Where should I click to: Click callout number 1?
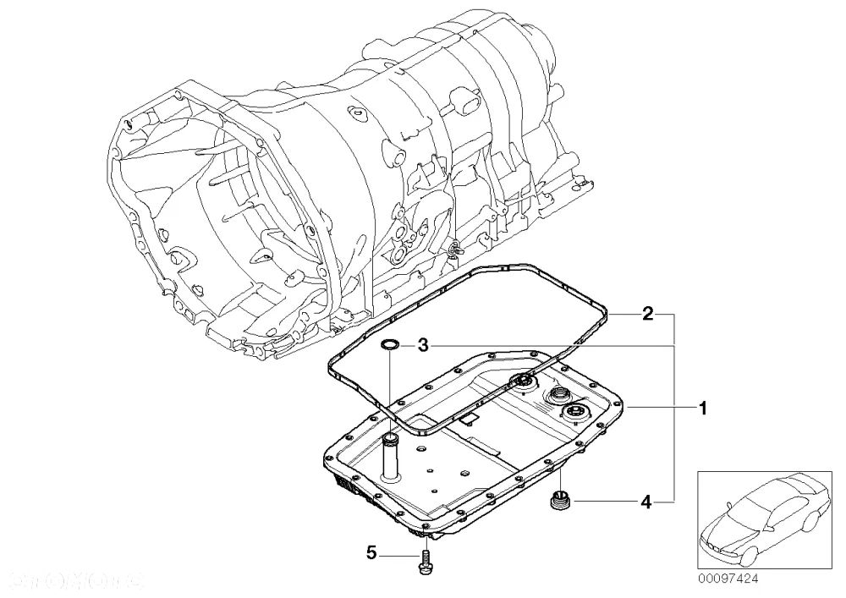[x=701, y=409]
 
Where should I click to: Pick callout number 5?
[x=371, y=554]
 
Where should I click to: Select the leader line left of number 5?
[x=396, y=554]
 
